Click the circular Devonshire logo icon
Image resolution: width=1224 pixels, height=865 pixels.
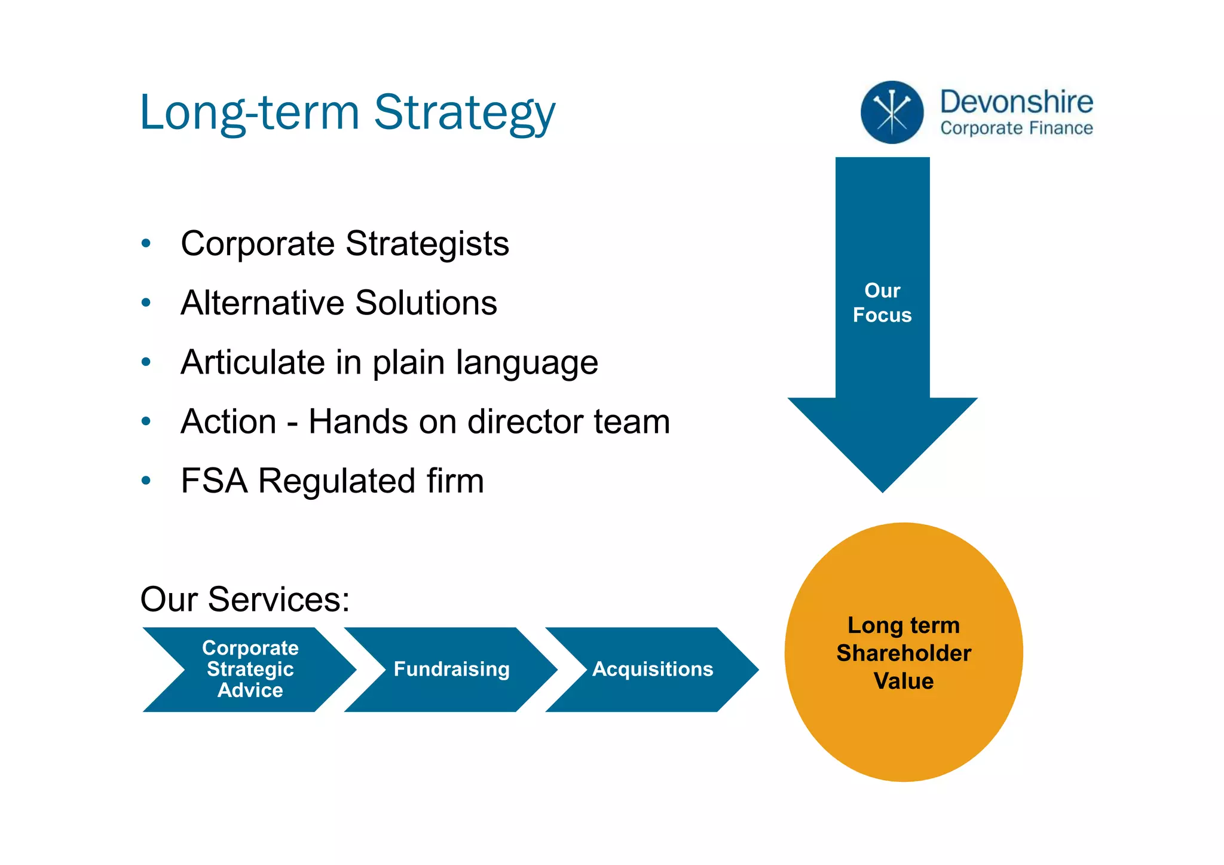click(x=892, y=112)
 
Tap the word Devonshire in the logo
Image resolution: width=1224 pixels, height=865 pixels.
click(x=1016, y=102)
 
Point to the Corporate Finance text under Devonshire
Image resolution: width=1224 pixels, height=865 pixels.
click(x=1016, y=129)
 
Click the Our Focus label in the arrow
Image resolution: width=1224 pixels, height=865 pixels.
click(x=882, y=303)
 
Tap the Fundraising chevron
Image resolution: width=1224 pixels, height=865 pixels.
click(x=451, y=669)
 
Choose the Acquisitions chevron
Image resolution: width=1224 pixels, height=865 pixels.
click(x=653, y=669)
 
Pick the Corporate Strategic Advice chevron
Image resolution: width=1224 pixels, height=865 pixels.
click(x=250, y=669)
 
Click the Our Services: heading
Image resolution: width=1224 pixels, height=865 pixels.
click(x=245, y=599)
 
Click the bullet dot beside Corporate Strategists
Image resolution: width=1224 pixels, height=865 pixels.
click(x=146, y=243)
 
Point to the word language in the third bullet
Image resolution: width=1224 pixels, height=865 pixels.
click(x=527, y=363)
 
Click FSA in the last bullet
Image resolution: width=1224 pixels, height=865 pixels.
click(x=214, y=481)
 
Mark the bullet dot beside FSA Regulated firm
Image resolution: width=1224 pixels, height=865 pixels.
click(x=146, y=480)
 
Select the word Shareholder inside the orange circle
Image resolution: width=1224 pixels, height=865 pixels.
click(x=904, y=653)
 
